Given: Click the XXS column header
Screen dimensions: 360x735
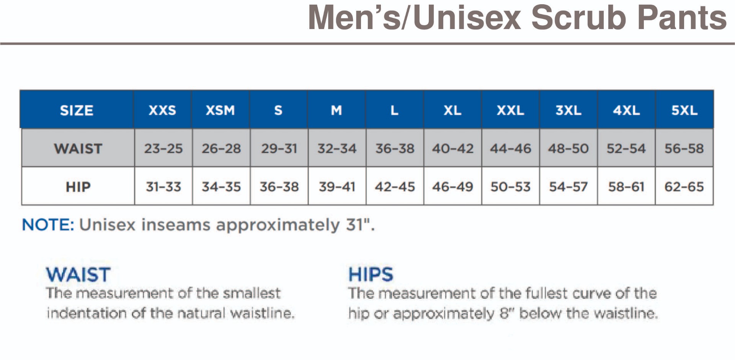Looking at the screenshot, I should click(162, 110).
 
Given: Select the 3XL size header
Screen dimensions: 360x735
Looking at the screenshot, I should click(568, 110).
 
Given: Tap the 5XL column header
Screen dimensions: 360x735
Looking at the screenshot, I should click(684, 110).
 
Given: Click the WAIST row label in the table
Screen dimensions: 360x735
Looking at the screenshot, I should click(78, 148).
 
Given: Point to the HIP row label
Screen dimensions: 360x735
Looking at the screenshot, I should click(78, 187).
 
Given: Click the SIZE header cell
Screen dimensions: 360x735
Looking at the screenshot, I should click(77, 110).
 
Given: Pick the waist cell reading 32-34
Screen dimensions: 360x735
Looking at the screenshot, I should click(337, 148).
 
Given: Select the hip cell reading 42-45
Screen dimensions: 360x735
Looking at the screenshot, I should click(395, 187).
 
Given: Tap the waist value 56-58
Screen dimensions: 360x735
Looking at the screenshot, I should click(684, 148).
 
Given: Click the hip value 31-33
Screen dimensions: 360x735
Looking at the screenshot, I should click(163, 187).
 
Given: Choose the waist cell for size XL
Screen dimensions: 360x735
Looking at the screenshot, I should click(453, 148).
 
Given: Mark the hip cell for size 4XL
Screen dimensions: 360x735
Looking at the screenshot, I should click(626, 187).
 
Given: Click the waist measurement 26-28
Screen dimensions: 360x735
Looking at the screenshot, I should click(221, 148).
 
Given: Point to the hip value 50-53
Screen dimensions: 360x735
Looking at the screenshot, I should click(511, 187).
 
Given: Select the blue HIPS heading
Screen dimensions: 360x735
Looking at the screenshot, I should click(371, 274).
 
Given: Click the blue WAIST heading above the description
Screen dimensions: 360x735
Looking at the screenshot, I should click(78, 274).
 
